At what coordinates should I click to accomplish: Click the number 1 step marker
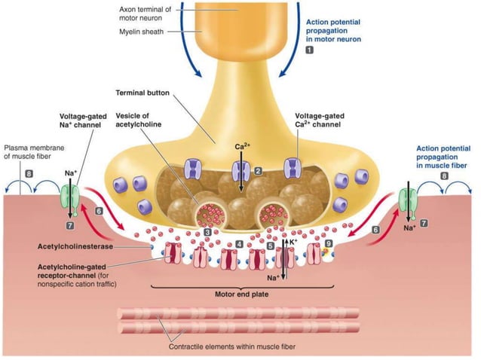(309, 50)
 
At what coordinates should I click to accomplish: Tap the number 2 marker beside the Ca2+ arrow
(258, 171)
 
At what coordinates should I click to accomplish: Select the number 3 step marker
(207, 232)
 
